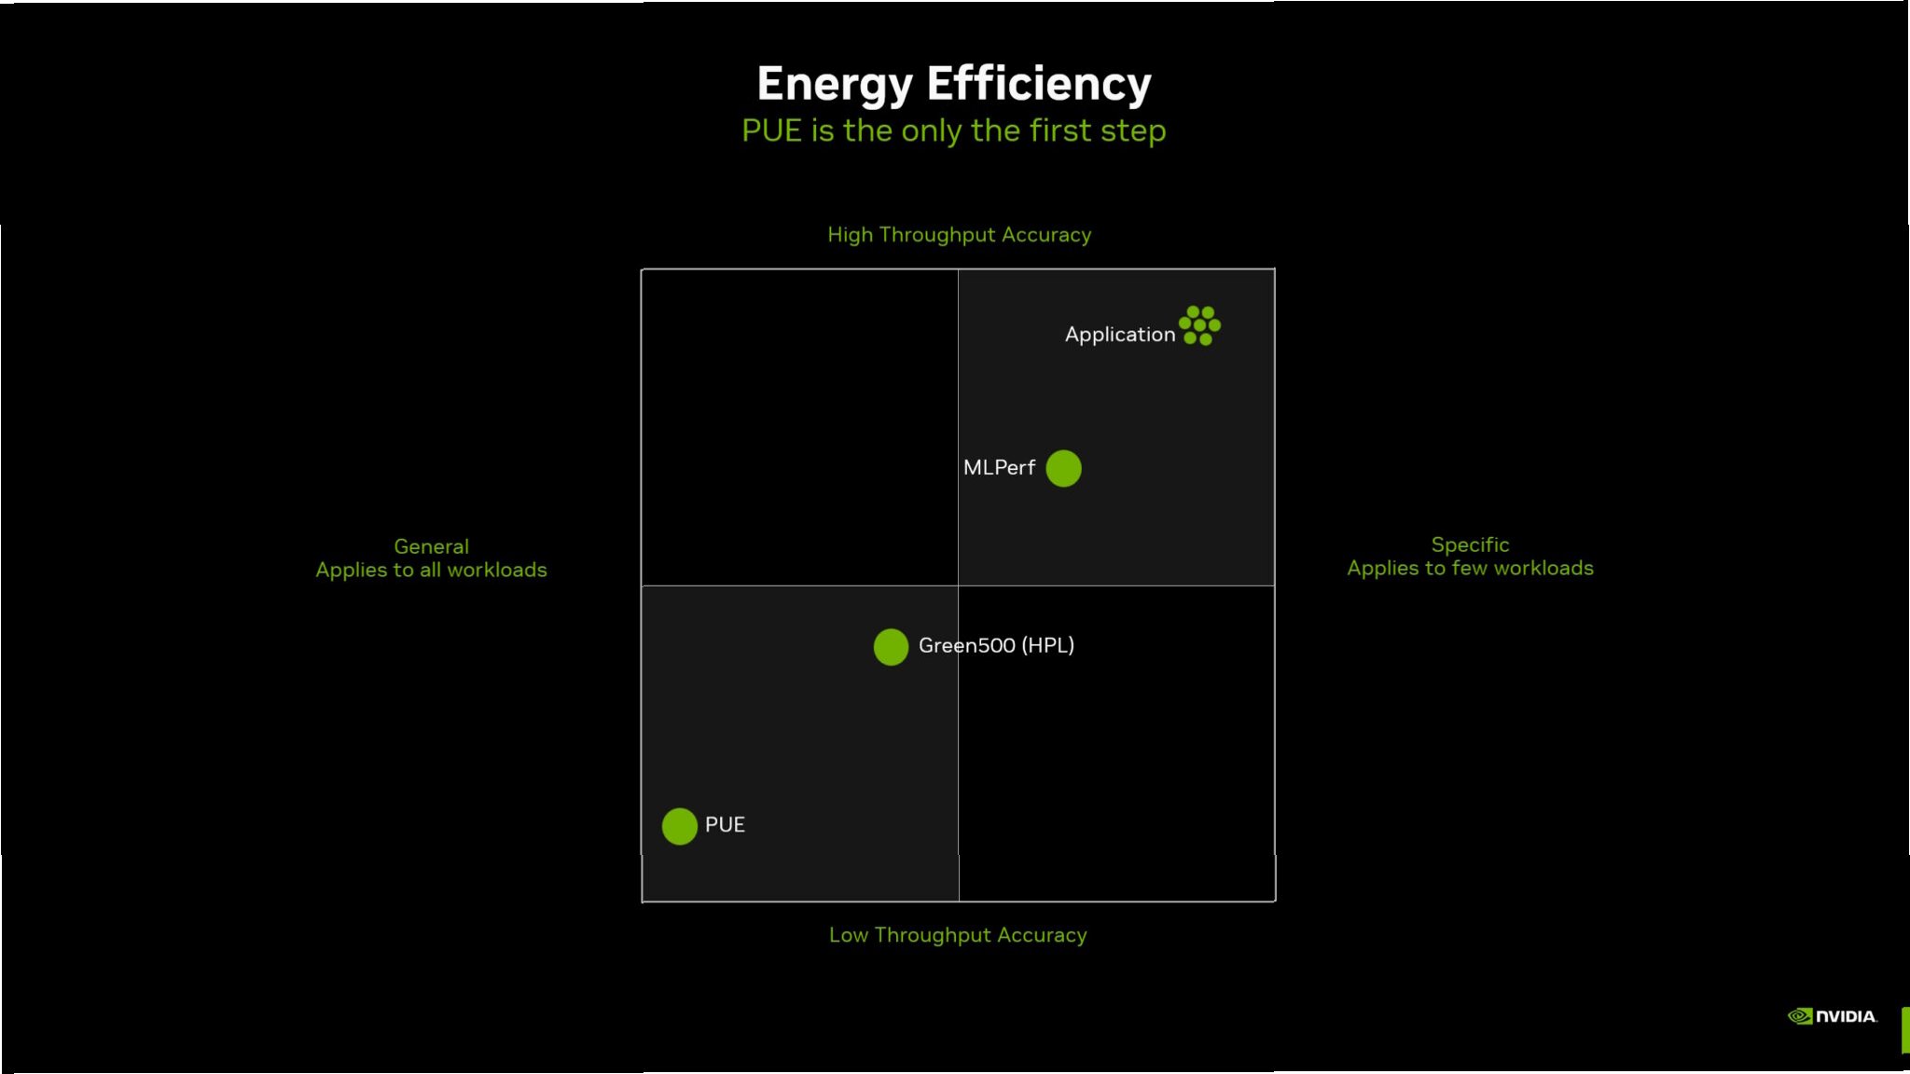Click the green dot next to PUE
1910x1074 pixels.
coord(679,826)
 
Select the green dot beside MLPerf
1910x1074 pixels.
coord(1063,468)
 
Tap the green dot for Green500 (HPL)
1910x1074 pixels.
coord(891,647)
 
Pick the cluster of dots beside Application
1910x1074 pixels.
coord(1199,325)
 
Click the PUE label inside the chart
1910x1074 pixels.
coord(725,825)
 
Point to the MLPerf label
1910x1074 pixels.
coord(999,468)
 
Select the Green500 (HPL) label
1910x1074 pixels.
coord(996,645)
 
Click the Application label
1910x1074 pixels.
coord(1119,335)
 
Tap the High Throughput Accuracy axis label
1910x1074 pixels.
coord(959,235)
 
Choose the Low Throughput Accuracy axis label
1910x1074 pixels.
coord(958,935)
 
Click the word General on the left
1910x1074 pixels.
coord(431,546)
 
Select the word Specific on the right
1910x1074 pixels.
coord(1470,544)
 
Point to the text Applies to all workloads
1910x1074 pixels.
coord(431,570)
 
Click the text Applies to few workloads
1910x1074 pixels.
coord(1470,568)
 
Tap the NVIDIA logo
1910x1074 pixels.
coord(1832,1016)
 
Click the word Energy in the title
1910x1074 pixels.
coord(835,85)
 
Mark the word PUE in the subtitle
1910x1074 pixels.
coord(771,131)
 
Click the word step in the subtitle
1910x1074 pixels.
coord(1132,131)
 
